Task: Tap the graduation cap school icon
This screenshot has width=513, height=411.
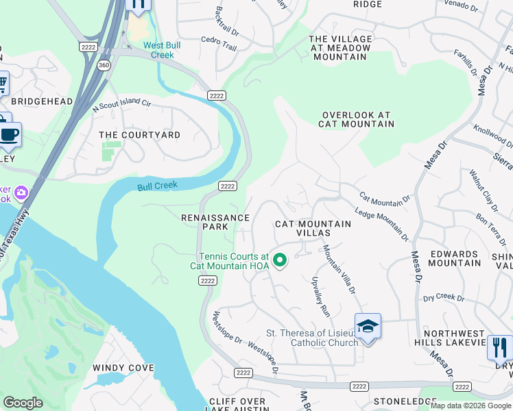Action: (x=368, y=326)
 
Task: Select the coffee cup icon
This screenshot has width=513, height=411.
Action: (x=10, y=134)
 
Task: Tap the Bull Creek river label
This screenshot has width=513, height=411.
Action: (x=157, y=186)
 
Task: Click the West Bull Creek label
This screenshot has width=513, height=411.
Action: (x=162, y=50)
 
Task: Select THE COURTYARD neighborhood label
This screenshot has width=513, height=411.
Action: (x=139, y=135)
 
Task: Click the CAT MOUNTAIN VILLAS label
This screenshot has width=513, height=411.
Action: (x=313, y=228)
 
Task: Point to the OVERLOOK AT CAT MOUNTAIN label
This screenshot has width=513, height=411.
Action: (x=356, y=120)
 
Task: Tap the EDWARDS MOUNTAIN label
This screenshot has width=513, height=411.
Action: (x=455, y=258)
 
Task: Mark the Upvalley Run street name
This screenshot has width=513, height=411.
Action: (x=321, y=295)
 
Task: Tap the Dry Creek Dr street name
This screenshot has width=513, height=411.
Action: (x=443, y=298)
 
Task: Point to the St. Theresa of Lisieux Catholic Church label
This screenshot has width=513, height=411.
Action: (x=311, y=338)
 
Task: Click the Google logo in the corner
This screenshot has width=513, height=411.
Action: (x=23, y=403)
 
